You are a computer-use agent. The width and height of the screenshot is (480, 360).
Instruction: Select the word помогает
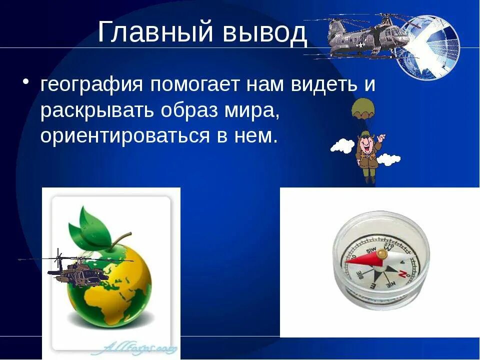tap(193, 85)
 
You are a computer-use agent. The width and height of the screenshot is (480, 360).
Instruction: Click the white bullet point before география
tap(26, 82)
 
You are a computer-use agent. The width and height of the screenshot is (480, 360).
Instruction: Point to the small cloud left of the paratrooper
tap(342, 145)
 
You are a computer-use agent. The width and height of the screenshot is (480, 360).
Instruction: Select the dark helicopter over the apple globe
tap(80, 270)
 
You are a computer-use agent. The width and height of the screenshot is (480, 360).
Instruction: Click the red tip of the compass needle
tap(355, 260)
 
